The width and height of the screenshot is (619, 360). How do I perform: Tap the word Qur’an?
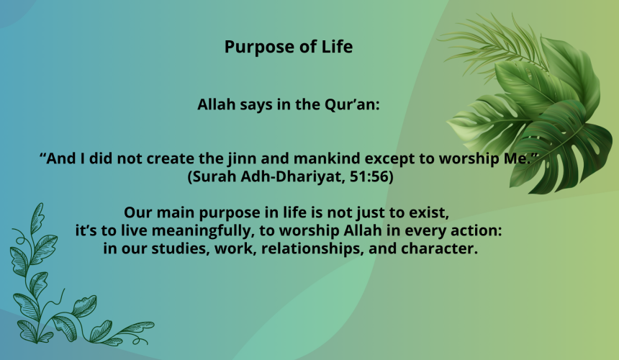coord(352,104)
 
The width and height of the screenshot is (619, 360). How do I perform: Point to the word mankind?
coord(327,158)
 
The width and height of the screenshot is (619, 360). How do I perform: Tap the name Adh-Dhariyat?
coord(292,176)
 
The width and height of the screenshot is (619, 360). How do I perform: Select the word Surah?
coord(213,176)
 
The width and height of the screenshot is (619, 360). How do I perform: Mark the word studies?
coord(180,248)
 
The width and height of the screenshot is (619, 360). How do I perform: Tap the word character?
coord(439,248)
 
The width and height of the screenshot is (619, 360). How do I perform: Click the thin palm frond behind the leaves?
coord(489,43)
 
